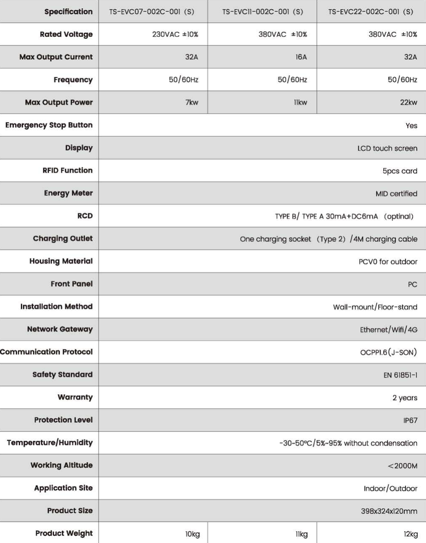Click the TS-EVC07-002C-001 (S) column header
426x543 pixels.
tap(151, 12)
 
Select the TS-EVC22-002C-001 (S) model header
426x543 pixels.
tap(371, 12)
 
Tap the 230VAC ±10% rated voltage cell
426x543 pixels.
tap(175, 34)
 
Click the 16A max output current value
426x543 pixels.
tap(301, 57)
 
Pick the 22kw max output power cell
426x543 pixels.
tap(409, 103)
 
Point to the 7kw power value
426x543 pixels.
tap(192, 103)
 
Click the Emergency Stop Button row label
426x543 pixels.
tap(49, 125)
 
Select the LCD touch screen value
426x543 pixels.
tap(387, 148)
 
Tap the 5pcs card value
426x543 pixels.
tap(400, 171)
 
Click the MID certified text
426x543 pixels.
tap(396, 194)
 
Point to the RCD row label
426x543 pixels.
tap(85, 216)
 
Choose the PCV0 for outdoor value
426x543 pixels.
tap(388, 262)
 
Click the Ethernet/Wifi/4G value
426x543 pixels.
tap(388, 330)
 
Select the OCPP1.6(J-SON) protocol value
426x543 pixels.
tap(388, 353)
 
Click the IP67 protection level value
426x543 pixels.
tap(410, 421)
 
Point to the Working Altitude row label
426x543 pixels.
tap(62, 465)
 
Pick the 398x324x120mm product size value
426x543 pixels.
tap(389, 511)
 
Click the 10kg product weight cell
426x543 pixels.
tap(192, 534)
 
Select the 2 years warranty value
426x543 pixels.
tap(405, 398)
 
